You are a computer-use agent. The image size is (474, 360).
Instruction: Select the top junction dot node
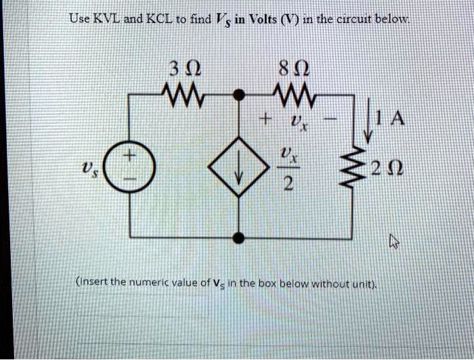238,95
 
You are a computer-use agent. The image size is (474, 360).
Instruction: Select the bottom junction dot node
238,237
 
